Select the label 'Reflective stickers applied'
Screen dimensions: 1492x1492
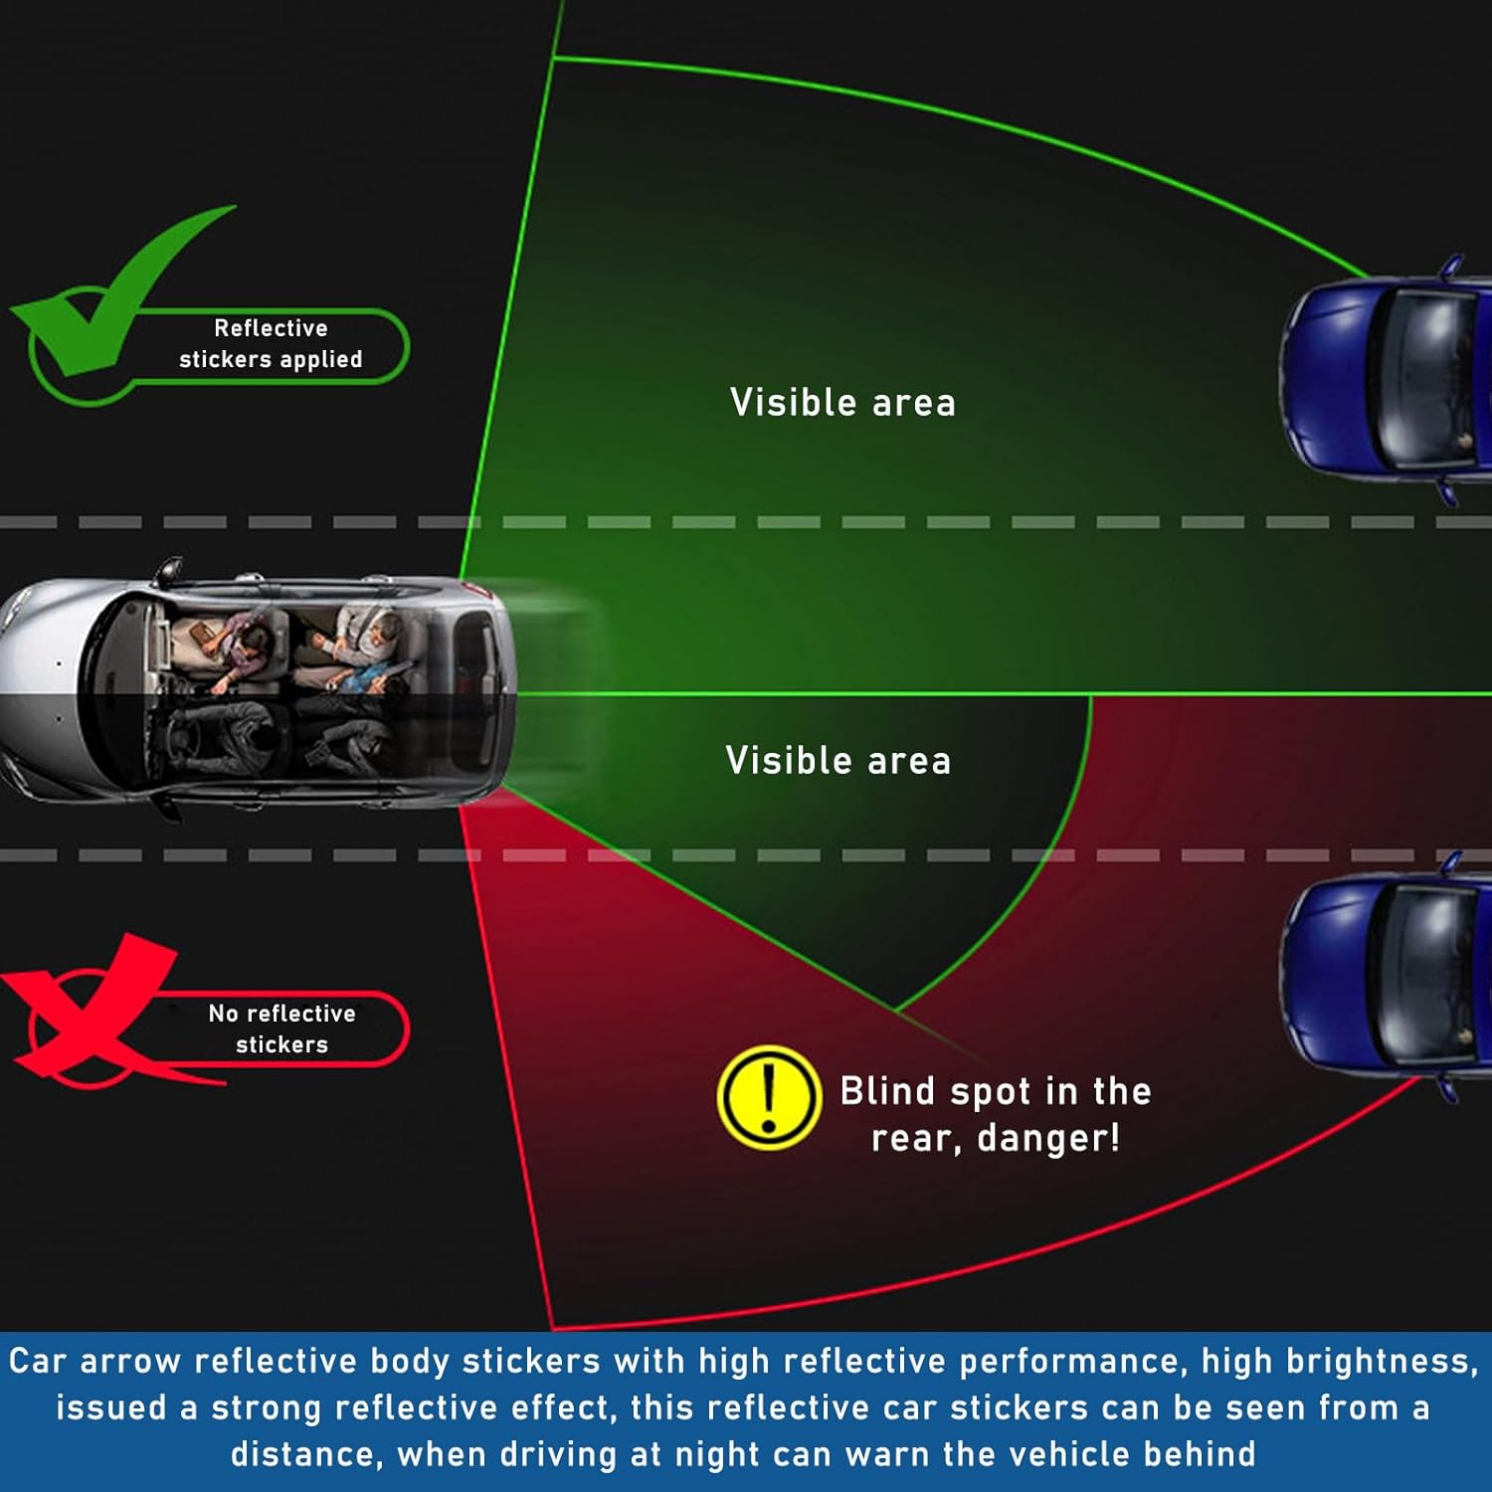271,344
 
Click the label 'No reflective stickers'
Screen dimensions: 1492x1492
281,1028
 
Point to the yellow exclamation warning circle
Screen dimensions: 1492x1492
768,1097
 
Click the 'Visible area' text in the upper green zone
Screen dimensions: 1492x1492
842,403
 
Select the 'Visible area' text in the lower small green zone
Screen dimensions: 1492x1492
838,761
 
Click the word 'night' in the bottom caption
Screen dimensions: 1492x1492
716,1454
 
